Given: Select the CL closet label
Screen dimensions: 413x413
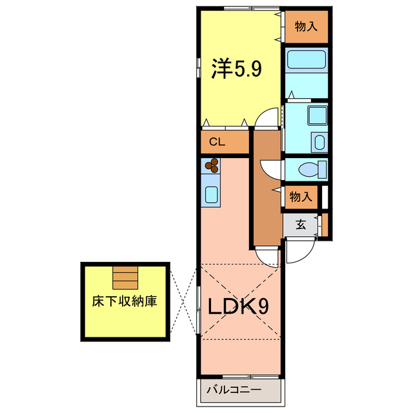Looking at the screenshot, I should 217,143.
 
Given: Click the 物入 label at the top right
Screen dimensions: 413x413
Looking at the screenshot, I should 306,26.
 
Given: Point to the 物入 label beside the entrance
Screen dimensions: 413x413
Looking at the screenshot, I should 301,197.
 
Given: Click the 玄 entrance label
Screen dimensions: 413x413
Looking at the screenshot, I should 301,225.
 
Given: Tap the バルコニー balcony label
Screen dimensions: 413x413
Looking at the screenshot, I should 234,390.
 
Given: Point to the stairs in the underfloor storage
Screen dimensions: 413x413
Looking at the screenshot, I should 125,277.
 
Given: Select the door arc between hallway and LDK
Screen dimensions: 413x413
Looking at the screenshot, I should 266,255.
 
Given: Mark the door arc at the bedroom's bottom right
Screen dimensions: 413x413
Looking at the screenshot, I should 265,120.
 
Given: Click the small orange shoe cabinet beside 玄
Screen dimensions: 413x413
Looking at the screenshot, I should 325,225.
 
